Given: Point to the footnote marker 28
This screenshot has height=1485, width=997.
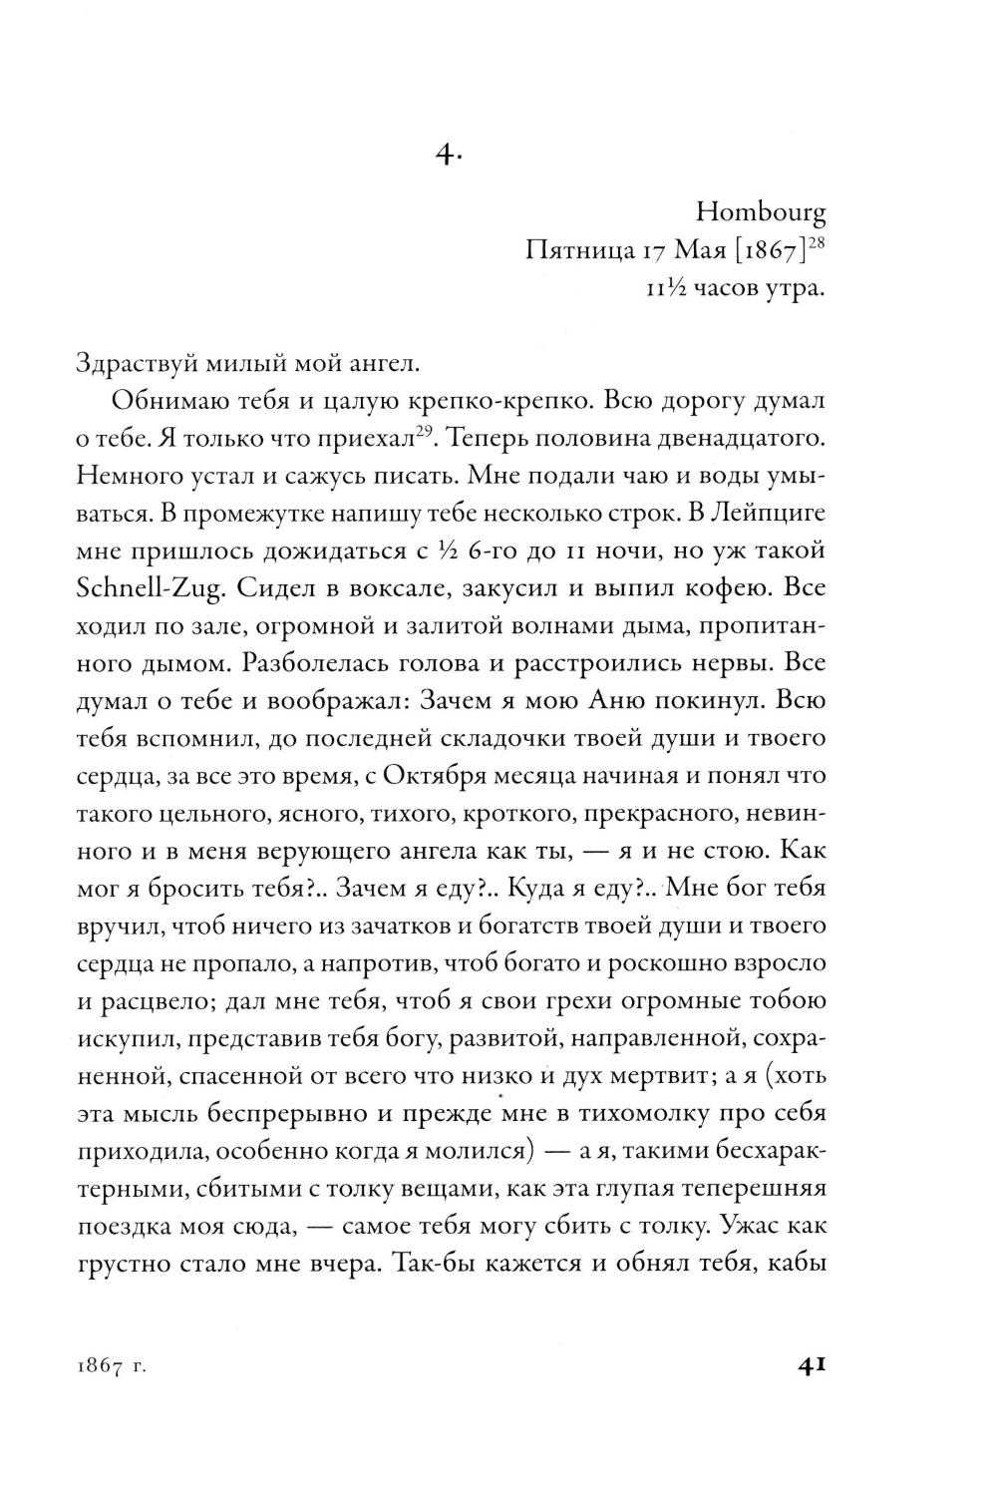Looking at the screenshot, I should (x=817, y=243).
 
